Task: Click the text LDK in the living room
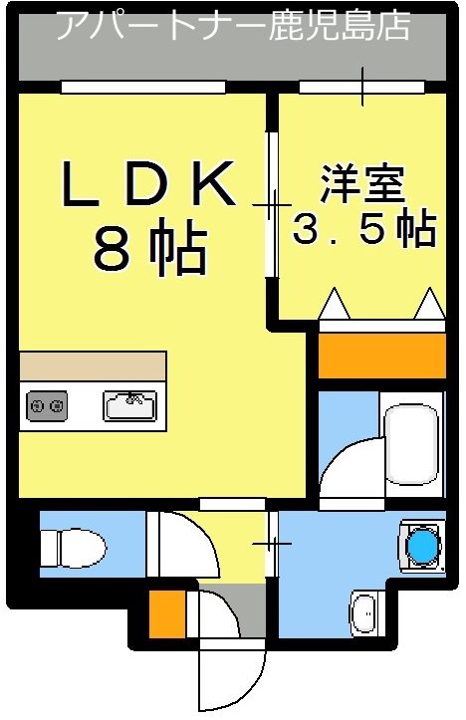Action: click(149, 184)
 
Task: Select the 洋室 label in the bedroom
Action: click(360, 186)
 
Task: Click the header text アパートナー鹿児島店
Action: click(232, 26)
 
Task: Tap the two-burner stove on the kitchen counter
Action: click(47, 405)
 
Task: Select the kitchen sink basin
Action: click(129, 405)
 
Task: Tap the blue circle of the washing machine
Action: click(423, 546)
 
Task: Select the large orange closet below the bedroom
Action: click(381, 356)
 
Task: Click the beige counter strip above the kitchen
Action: click(92, 365)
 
